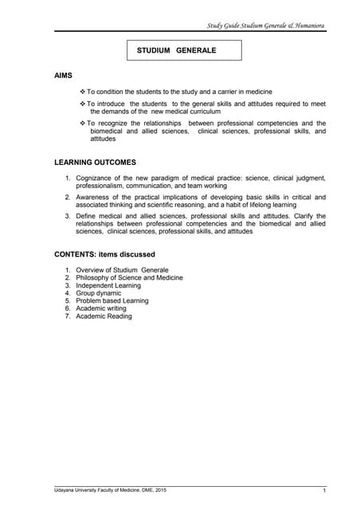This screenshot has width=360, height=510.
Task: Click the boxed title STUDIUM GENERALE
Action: (176, 50)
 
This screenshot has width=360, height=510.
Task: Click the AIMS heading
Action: (63, 76)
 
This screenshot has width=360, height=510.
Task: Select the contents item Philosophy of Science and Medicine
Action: (129, 278)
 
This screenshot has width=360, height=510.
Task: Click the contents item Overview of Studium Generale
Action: (122, 270)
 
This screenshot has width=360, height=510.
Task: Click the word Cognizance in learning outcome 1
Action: (96, 176)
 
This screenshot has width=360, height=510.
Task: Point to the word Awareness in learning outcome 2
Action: (94, 196)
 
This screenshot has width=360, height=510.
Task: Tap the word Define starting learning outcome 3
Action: (87, 216)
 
